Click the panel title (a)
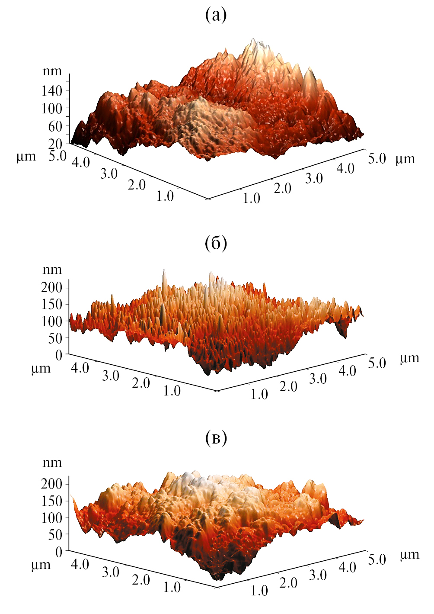pyautogui.click(x=216, y=16)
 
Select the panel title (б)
pyautogui.click(x=216, y=244)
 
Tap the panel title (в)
pyautogui.click(x=216, y=438)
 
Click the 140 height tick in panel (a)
pyautogui.click(x=52, y=91)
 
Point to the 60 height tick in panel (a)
pyautogui.click(x=55, y=126)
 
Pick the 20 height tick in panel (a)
pyautogui.click(x=55, y=144)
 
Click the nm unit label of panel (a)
pyautogui.click(x=52, y=71)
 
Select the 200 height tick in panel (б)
pyautogui.click(x=52, y=287)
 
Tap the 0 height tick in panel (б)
pyautogui.click(x=59, y=355)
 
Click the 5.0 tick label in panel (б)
pyautogui.click(x=377, y=363)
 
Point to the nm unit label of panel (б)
pyautogui.click(x=52, y=270)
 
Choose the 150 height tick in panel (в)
pyautogui.click(x=52, y=501)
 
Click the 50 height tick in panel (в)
pyautogui.click(x=55, y=535)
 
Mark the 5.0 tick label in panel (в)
pyautogui.click(x=377, y=559)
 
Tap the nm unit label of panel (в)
pyautogui.click(x=52, y=463)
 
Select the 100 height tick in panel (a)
pyautogui.click(x=52, y=109)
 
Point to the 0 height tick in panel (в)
pyautogui.click(x=59, y=552)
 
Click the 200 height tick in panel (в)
pyautogui.click(x=52, y=484)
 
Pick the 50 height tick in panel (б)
pyautogui.click(x=55, y=338)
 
